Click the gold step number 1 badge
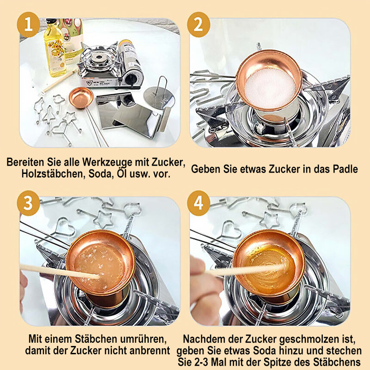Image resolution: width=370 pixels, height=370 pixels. click(28, 25)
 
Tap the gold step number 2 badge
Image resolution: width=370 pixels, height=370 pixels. click(198, 25)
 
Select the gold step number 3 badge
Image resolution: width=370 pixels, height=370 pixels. click(28, 203)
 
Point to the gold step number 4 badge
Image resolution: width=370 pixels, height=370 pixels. click(198, 203)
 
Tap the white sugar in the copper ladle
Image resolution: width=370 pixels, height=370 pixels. click(270, 88)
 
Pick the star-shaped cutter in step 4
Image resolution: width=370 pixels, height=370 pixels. click(269, 219)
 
